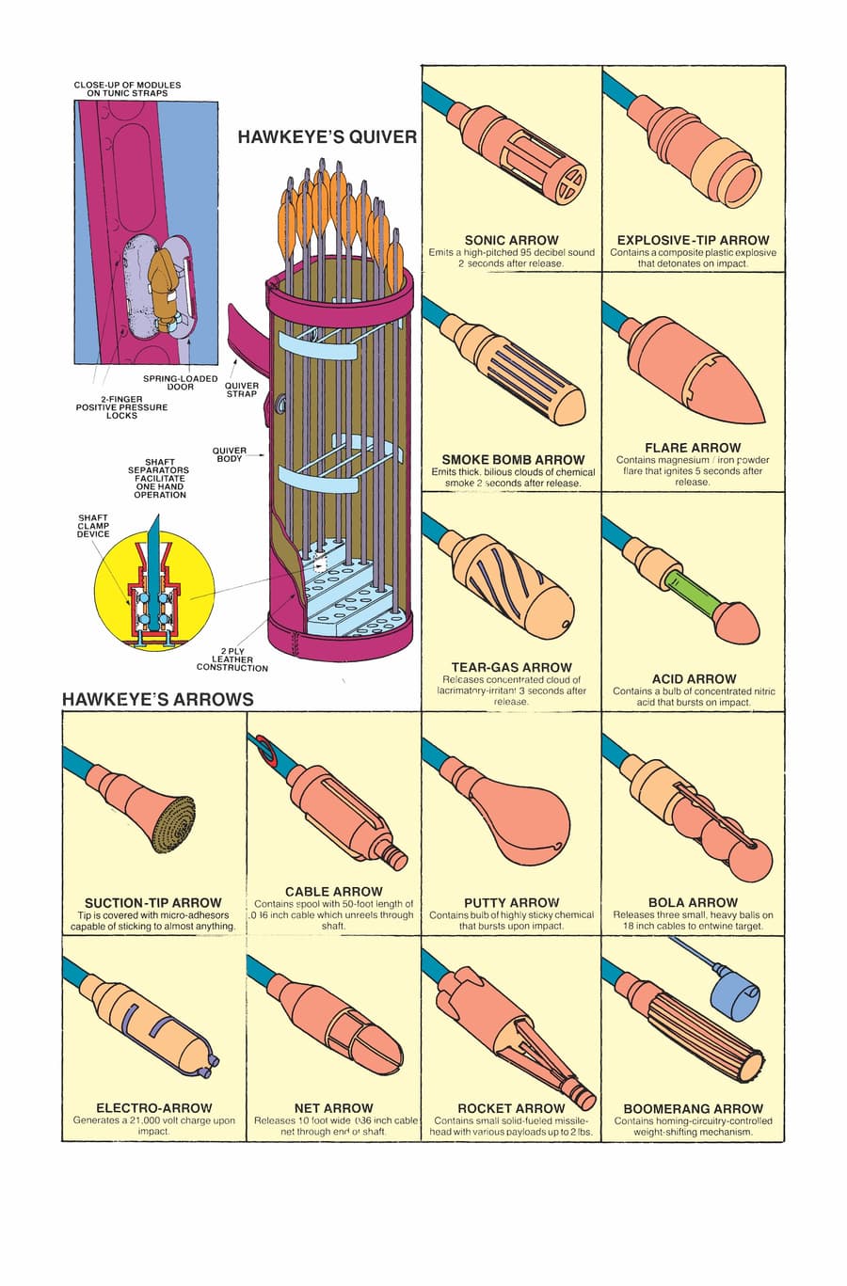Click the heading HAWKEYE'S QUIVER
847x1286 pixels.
click(327, 136)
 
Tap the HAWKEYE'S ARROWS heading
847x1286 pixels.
click(157, 699)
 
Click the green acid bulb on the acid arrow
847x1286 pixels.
click(689, 594)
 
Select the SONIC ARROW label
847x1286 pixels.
click(511, 240)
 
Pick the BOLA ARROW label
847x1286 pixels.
click(693, 902)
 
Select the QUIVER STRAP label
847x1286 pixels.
click(241, 389)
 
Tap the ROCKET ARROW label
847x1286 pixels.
click(511, 1108)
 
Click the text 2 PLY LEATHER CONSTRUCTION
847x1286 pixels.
click(232, 659)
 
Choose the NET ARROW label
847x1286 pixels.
click(333, 1108)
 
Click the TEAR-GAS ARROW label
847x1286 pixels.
click(511, 667)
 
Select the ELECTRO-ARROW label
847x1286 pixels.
click(154, 1108)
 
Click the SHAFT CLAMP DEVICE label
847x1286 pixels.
click(93, 526)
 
